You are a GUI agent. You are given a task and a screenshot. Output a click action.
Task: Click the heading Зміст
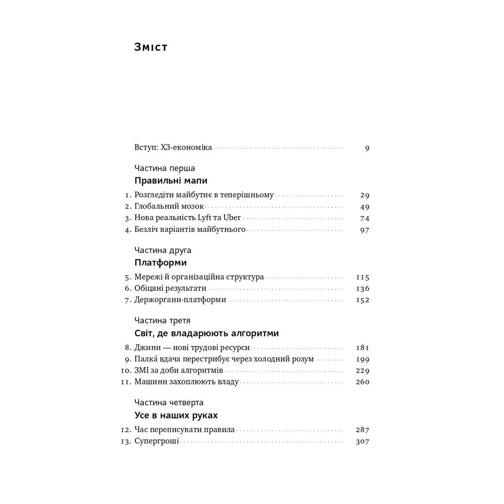(151, 47)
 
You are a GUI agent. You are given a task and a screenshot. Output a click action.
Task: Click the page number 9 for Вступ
(367, 148)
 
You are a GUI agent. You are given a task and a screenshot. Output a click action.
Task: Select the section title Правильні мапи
(171, 181)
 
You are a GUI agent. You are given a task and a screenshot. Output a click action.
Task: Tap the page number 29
(364, 195)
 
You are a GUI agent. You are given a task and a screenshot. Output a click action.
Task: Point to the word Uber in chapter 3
(232, 218)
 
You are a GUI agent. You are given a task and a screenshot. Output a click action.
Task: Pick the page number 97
(364, 230)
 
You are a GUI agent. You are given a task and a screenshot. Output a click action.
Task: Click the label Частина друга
(163, 251)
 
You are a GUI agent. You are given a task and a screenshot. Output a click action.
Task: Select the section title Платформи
(160, 263)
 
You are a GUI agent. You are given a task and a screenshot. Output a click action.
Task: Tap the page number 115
(362, 278)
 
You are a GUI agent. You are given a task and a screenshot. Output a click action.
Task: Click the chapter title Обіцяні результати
(170, 289)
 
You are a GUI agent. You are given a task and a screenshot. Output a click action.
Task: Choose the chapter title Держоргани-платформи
(180, 300)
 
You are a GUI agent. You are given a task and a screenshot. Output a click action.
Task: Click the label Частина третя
(162, 321)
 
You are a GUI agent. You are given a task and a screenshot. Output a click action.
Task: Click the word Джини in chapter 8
(146, 348)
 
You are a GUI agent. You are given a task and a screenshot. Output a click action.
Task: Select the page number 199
(362, 359)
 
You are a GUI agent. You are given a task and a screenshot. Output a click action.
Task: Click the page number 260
(362, 382)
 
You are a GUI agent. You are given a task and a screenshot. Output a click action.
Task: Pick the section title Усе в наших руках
(176, 415)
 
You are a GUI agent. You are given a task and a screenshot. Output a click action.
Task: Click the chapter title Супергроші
(157, 441)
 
